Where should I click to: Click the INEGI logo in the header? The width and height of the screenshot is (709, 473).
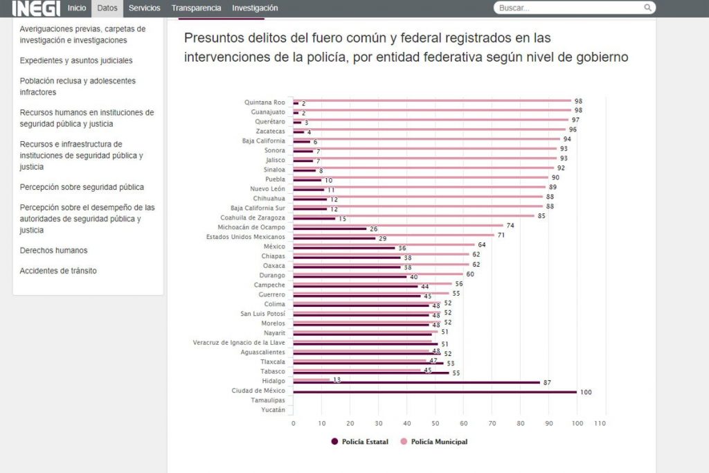[36, 8]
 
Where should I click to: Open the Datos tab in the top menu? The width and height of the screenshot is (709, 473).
[107, 8]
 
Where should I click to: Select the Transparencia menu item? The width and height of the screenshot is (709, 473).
[196, 8]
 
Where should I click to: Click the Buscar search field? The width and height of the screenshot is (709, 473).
[569, 8]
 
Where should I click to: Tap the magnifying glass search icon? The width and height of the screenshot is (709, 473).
[648, 8]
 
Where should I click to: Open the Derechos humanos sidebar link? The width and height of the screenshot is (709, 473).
[53, 251]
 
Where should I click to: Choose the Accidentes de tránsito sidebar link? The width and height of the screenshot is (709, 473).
[58, 271]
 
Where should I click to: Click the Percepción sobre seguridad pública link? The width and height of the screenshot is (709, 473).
[82, 187]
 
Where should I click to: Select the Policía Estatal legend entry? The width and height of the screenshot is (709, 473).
[360, 442]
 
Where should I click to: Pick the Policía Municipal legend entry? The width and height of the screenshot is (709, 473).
[434, 442]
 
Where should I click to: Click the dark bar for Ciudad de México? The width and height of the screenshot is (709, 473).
[435, 392]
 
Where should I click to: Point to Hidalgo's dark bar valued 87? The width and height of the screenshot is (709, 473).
[416, 382]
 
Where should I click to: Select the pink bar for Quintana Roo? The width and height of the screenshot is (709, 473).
[432, 100]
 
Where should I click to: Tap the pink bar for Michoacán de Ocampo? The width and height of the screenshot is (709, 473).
[398, 225]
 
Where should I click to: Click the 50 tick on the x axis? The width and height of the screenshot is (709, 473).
[435, 424]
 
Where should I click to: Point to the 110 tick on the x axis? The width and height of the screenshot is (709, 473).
[600, 424]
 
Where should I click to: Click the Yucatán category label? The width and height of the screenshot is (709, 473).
[273, 410]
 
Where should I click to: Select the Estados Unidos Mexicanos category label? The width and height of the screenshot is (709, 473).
[246, 237]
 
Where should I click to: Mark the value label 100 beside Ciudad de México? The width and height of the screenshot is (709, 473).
[586, 393]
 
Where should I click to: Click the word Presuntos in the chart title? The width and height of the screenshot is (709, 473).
[212, 38]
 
